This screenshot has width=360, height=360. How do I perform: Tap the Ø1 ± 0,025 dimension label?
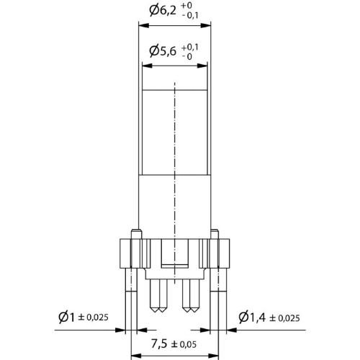point(84,318)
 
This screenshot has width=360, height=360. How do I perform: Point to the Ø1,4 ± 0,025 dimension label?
point(269,318)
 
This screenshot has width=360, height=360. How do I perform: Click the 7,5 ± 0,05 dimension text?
point(174,344)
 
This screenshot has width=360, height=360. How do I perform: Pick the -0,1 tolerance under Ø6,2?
point(190,16)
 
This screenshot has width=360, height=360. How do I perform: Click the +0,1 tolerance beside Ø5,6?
point(190,48)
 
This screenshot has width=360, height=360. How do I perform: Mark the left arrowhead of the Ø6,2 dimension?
point(144,26)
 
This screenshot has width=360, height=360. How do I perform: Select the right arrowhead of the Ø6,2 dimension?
point(206,26)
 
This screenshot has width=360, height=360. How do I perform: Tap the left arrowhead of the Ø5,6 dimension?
point(148,66)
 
